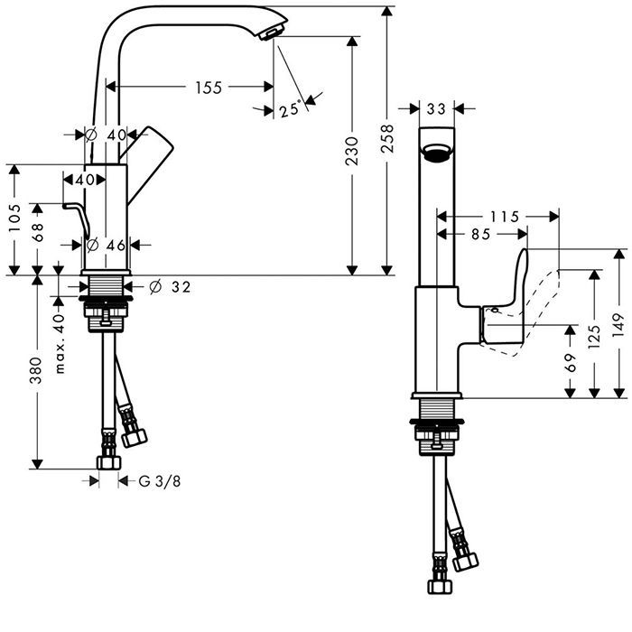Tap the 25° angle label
[289, 110]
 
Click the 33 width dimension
[436, 109]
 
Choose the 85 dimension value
[480, 234]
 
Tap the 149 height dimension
[618, 322]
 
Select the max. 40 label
[60, 344]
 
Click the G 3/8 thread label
[160, 481]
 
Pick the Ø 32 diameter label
[170, 287]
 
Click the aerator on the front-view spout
[437, 153]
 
